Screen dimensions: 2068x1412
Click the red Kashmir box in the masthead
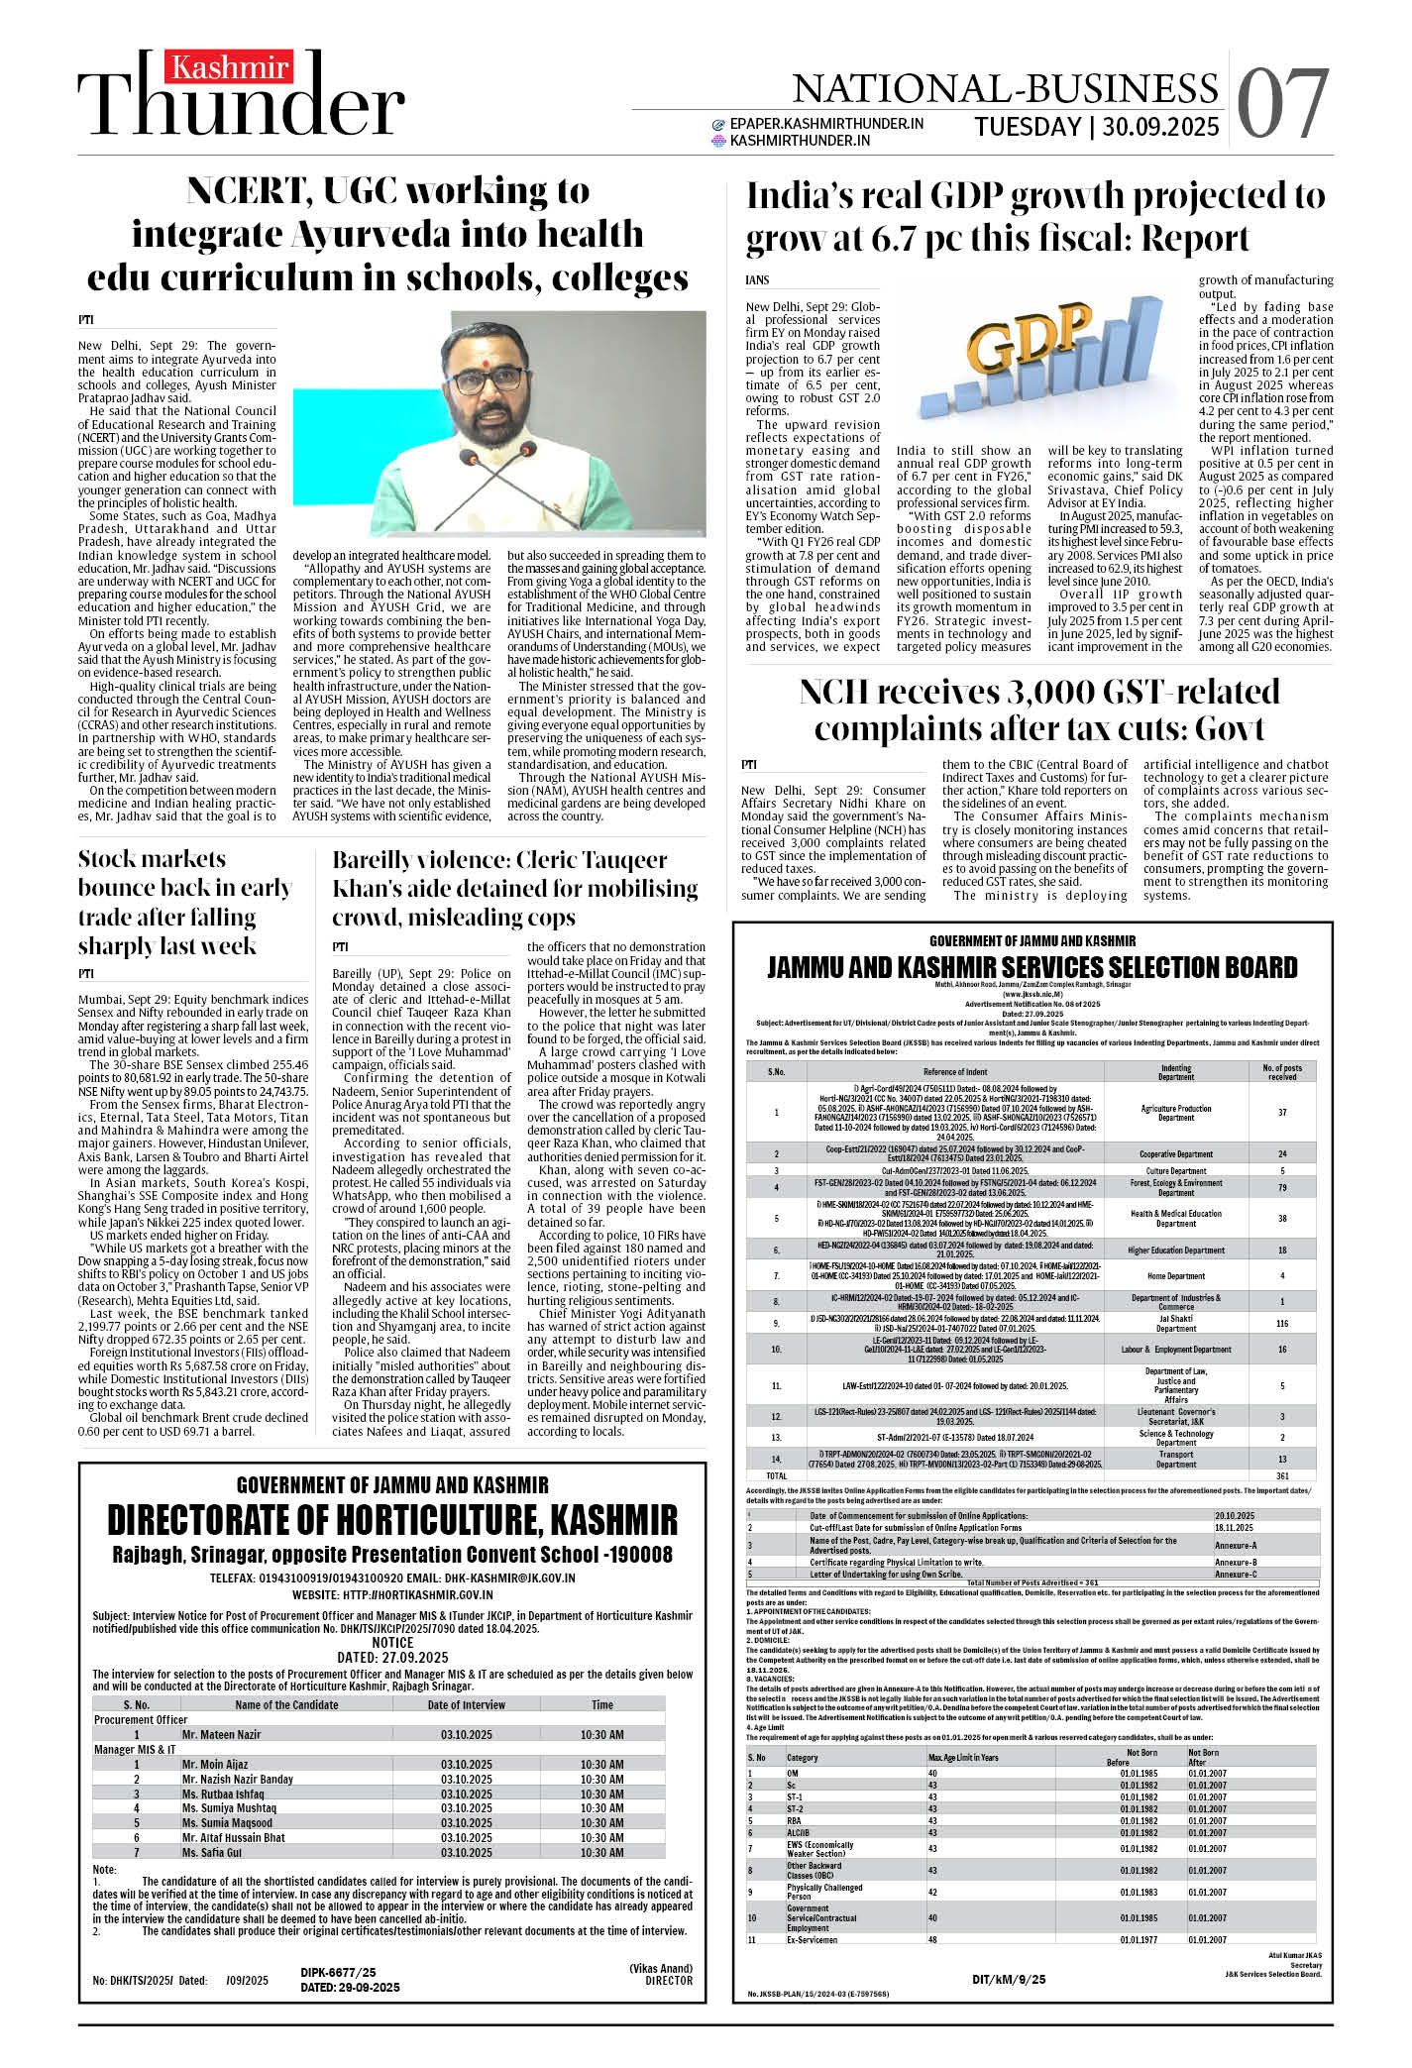point(229,68)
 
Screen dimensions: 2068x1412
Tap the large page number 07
point(1282,104)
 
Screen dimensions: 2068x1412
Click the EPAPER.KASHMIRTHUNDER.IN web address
point(826,124)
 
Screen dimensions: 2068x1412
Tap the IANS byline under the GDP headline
point(757,280)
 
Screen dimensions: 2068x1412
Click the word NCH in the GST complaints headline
point(840,692)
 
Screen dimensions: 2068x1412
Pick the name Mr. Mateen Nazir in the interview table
point(221,1735)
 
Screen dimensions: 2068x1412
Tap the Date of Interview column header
point(466,1705)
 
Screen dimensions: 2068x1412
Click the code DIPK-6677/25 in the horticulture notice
point(338,1973)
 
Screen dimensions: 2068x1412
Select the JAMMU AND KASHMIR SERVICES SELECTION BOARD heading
point(1032,968)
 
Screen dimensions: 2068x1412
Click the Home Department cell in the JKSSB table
point(1175,1276)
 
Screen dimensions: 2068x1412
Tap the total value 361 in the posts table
point(1282,1475)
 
